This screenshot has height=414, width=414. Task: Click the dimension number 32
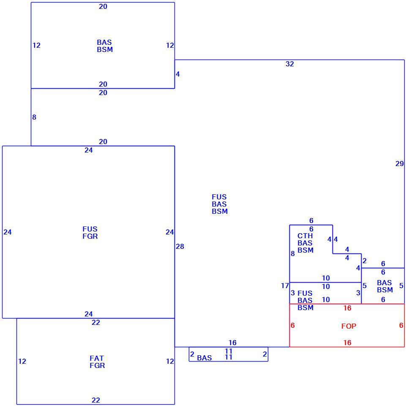pos(290,64)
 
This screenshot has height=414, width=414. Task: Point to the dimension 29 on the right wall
pos(400,164)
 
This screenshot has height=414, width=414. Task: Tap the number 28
pos(180,246)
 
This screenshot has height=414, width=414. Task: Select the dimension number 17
pos(285,286)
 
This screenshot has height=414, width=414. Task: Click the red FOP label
pos(349,326)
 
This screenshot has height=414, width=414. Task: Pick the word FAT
pos(96,358)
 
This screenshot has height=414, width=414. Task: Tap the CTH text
pos(305,236)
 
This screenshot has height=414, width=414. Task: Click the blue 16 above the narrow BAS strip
pos(232,343)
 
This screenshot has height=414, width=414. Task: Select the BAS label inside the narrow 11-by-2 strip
pos(204,358)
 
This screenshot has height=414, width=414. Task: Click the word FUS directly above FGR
pos(90,229)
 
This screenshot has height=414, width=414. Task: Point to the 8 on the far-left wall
pos(34,117)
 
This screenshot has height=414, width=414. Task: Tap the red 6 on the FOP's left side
pos(292,325)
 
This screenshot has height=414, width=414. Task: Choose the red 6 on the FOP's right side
pos(401,325)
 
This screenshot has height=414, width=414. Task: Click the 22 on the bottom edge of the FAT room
pos(96,400)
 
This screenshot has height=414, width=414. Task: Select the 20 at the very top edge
pos(103,7)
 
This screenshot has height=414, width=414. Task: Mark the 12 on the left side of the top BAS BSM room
pos(36,46)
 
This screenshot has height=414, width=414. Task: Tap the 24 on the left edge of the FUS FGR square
pos(8,232)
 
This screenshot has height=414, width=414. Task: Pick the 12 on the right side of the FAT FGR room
pos(170,361)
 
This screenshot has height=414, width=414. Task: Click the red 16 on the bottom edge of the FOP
pos(347,343)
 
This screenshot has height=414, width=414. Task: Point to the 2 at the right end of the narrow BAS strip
pos(265,354)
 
